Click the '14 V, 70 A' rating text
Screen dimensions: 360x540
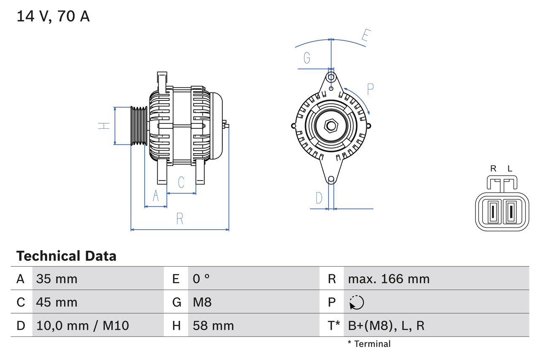coord(53,16)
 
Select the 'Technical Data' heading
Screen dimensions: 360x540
coord(66,256)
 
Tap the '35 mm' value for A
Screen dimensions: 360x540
coord(57,279)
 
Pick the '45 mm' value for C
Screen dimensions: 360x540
coord(57,302)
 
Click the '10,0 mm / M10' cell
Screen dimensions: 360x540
coord(83,325)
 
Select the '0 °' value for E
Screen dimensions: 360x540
coord(201,279)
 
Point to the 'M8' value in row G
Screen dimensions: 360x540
coord(202,302)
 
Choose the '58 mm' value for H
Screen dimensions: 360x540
coord(213,325)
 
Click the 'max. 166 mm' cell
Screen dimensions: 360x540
coord(389,279)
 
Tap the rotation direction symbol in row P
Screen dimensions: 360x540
coord(356,303)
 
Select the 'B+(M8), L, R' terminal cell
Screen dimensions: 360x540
coord(386,325)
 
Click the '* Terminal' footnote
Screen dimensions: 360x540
coord(369,344)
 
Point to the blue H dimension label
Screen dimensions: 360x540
coord(104,125)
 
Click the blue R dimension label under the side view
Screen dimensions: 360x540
coord(180,219)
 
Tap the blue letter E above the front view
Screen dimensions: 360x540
coord(365,37)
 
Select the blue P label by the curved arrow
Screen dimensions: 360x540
coord(370,89)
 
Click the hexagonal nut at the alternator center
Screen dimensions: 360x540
coord(331,125)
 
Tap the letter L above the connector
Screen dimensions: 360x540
coord(510,169)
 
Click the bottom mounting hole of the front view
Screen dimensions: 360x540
coord(331,179)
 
